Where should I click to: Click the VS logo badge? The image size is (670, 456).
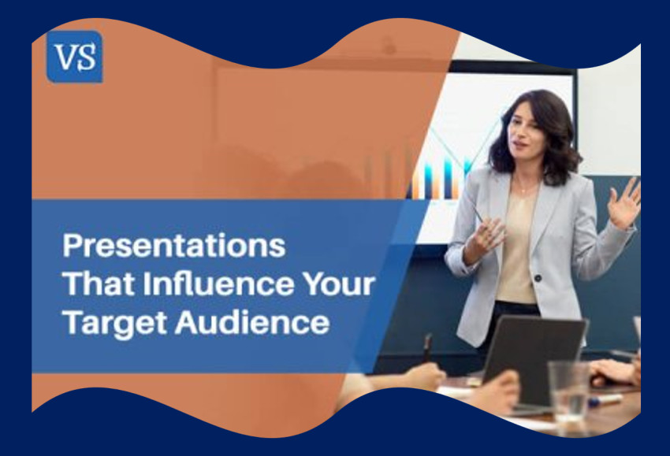[74, 57]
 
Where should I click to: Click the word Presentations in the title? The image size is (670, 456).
[173, 246]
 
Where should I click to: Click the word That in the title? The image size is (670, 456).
[93, 284]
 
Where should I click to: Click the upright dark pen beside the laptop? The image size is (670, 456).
[426, 347]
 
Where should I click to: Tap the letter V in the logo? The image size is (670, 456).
[65, 57]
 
